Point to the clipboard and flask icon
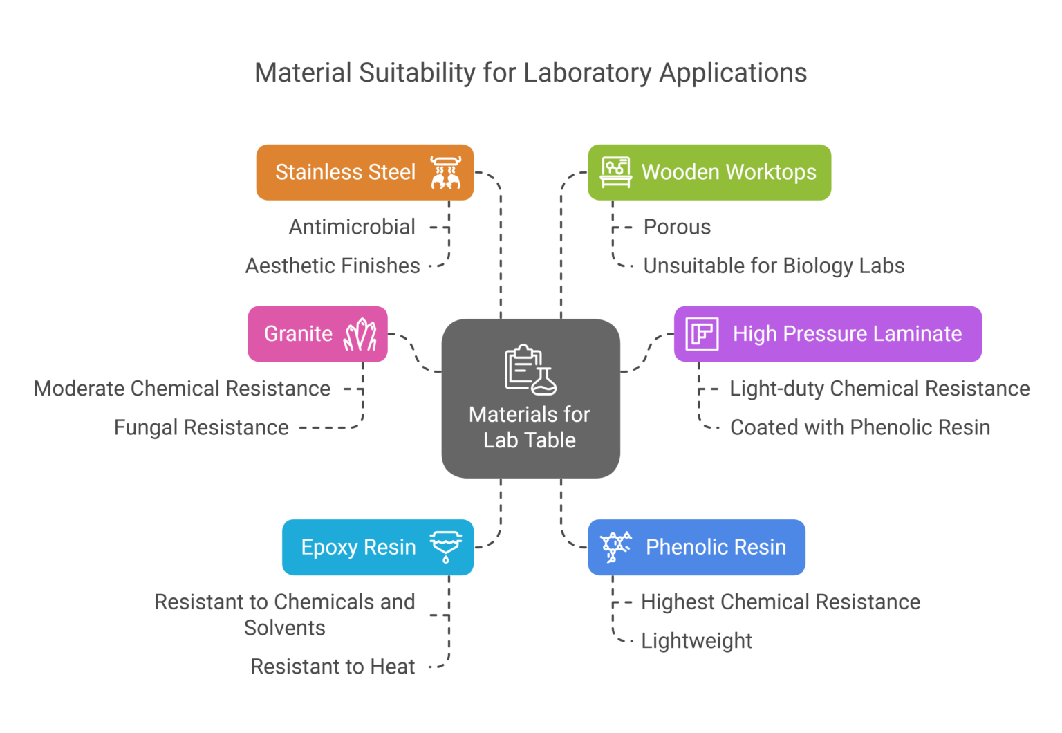pos(530,370)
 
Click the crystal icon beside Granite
pos(360,335)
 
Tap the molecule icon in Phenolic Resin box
pos(615,547)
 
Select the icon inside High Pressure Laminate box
pos(702,334)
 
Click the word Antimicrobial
pos(352,227)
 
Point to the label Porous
pos(677,227)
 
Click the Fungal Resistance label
pos(201,427)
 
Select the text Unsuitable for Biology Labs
pos(774,266)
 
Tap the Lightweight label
pos(696,641)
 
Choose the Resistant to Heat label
pos(333,667)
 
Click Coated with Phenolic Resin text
pos(860,427)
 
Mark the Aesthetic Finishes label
pos(333,266)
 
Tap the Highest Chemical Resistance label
pos(781,602)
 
